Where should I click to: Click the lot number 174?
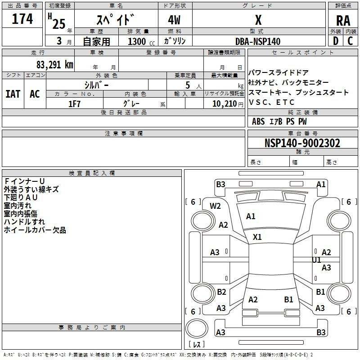(x=22, y=19)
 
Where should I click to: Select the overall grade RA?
(x=343, y=21)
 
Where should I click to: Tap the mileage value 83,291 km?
(x=54, y=65)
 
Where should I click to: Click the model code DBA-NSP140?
(x=258, y=41)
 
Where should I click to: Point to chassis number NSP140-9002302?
(x=302, y=143)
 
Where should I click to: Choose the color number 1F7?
(x=74, y=104)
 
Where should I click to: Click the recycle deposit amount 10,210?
(x=225, y=104)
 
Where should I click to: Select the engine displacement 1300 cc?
(x=141, y=41)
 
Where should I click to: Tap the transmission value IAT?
(x=13, y=94)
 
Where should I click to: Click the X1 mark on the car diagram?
(x=257, y=237)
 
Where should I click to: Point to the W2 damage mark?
(x=215, y=206)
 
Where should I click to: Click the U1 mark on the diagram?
(x=316, y=260)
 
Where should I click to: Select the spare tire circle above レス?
(x=197, y=328)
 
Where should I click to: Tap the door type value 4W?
(x=174, y=20)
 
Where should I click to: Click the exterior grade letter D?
(x=336, y=41)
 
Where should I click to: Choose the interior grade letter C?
(x=350, y=41)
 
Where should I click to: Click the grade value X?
(x=258, y=20)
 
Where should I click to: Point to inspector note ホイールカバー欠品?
(x=35, y=230)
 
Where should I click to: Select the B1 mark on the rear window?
(x=288, y=299)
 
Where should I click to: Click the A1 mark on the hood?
(x=251, y=216)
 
